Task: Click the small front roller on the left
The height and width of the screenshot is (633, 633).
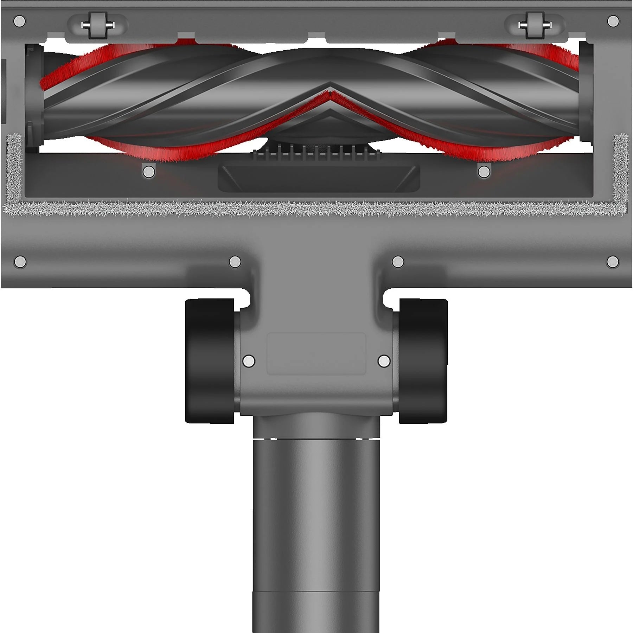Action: coord(97,25)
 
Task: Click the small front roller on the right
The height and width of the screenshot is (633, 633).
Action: coord(535,25)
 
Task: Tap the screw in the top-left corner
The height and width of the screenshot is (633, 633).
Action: coord(20,21)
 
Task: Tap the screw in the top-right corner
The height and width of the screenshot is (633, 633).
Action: coord(613,21)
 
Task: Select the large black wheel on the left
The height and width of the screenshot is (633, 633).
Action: coord(210,361)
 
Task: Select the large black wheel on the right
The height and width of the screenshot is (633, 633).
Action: coord(423,361)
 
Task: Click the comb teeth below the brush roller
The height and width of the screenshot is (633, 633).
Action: coord(316,154)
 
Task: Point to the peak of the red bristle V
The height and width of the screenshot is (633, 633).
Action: coord(330,93)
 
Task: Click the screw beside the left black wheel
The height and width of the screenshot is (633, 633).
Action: coord(249,361)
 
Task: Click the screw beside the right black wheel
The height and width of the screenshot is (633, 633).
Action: coord(384,361)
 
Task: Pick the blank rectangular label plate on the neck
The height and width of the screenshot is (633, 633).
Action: coord(316,353)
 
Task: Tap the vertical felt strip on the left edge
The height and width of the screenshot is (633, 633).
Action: coord(14,169)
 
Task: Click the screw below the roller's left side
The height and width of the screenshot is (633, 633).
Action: coord(149,172)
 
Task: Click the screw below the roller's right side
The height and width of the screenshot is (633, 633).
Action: coord(484,172)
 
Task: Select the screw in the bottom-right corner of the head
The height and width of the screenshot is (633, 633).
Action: coord(613,262)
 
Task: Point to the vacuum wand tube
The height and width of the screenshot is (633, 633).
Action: coord(316,527)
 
